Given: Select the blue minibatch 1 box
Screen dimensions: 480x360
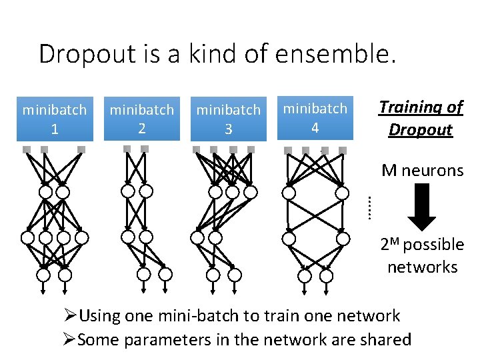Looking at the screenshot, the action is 55,119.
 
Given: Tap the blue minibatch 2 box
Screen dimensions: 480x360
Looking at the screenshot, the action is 141,119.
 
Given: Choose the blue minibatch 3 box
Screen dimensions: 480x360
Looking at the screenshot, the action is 229,119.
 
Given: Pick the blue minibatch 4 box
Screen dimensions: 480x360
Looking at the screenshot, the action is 315,118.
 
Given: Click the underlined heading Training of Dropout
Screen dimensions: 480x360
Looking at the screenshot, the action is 421,118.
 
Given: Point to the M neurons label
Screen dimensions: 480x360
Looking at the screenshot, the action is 423,171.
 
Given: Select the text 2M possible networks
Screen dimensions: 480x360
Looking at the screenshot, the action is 423,256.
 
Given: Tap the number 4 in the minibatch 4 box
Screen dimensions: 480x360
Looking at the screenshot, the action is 315,127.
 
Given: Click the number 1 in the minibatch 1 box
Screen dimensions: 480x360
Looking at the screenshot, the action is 55,129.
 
